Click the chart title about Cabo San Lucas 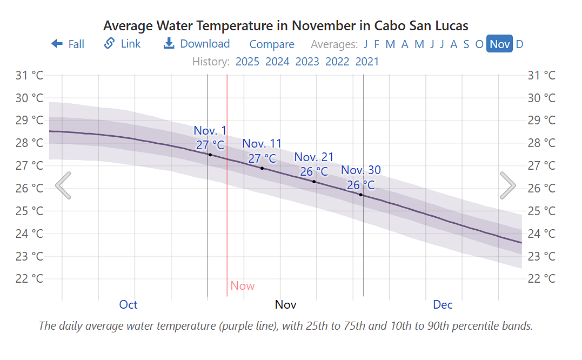pos(285,25)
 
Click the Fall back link pos(68,44)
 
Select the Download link pos(197,44)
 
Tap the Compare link pos(272,44)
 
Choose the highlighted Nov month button pos(499,44)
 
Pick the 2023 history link pos(307,61)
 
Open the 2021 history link pos(367,61)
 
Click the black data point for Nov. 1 pos(210,155)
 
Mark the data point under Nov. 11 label pos(262,168)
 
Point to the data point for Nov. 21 pos(314,181)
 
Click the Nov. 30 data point pos(361,194)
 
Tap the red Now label pos(242,285)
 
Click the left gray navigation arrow pos(63,185)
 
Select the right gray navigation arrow pos(507,185)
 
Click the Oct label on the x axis pos(128,304)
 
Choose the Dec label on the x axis pos(443,304)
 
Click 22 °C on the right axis pos(541,278)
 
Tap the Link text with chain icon pos(123,44)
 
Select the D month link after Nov pos(519,44)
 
